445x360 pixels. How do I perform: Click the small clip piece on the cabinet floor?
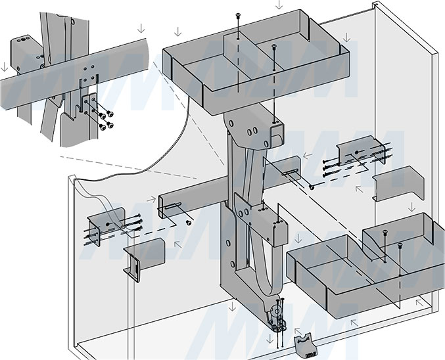[x=304, y=344]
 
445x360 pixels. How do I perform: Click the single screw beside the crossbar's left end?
[x=189, y=223]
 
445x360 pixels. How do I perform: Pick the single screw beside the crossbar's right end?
[x=311, y=187]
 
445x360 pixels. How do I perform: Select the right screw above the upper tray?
[x=273, y=48]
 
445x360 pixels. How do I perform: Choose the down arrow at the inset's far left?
[x=5, y=66]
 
